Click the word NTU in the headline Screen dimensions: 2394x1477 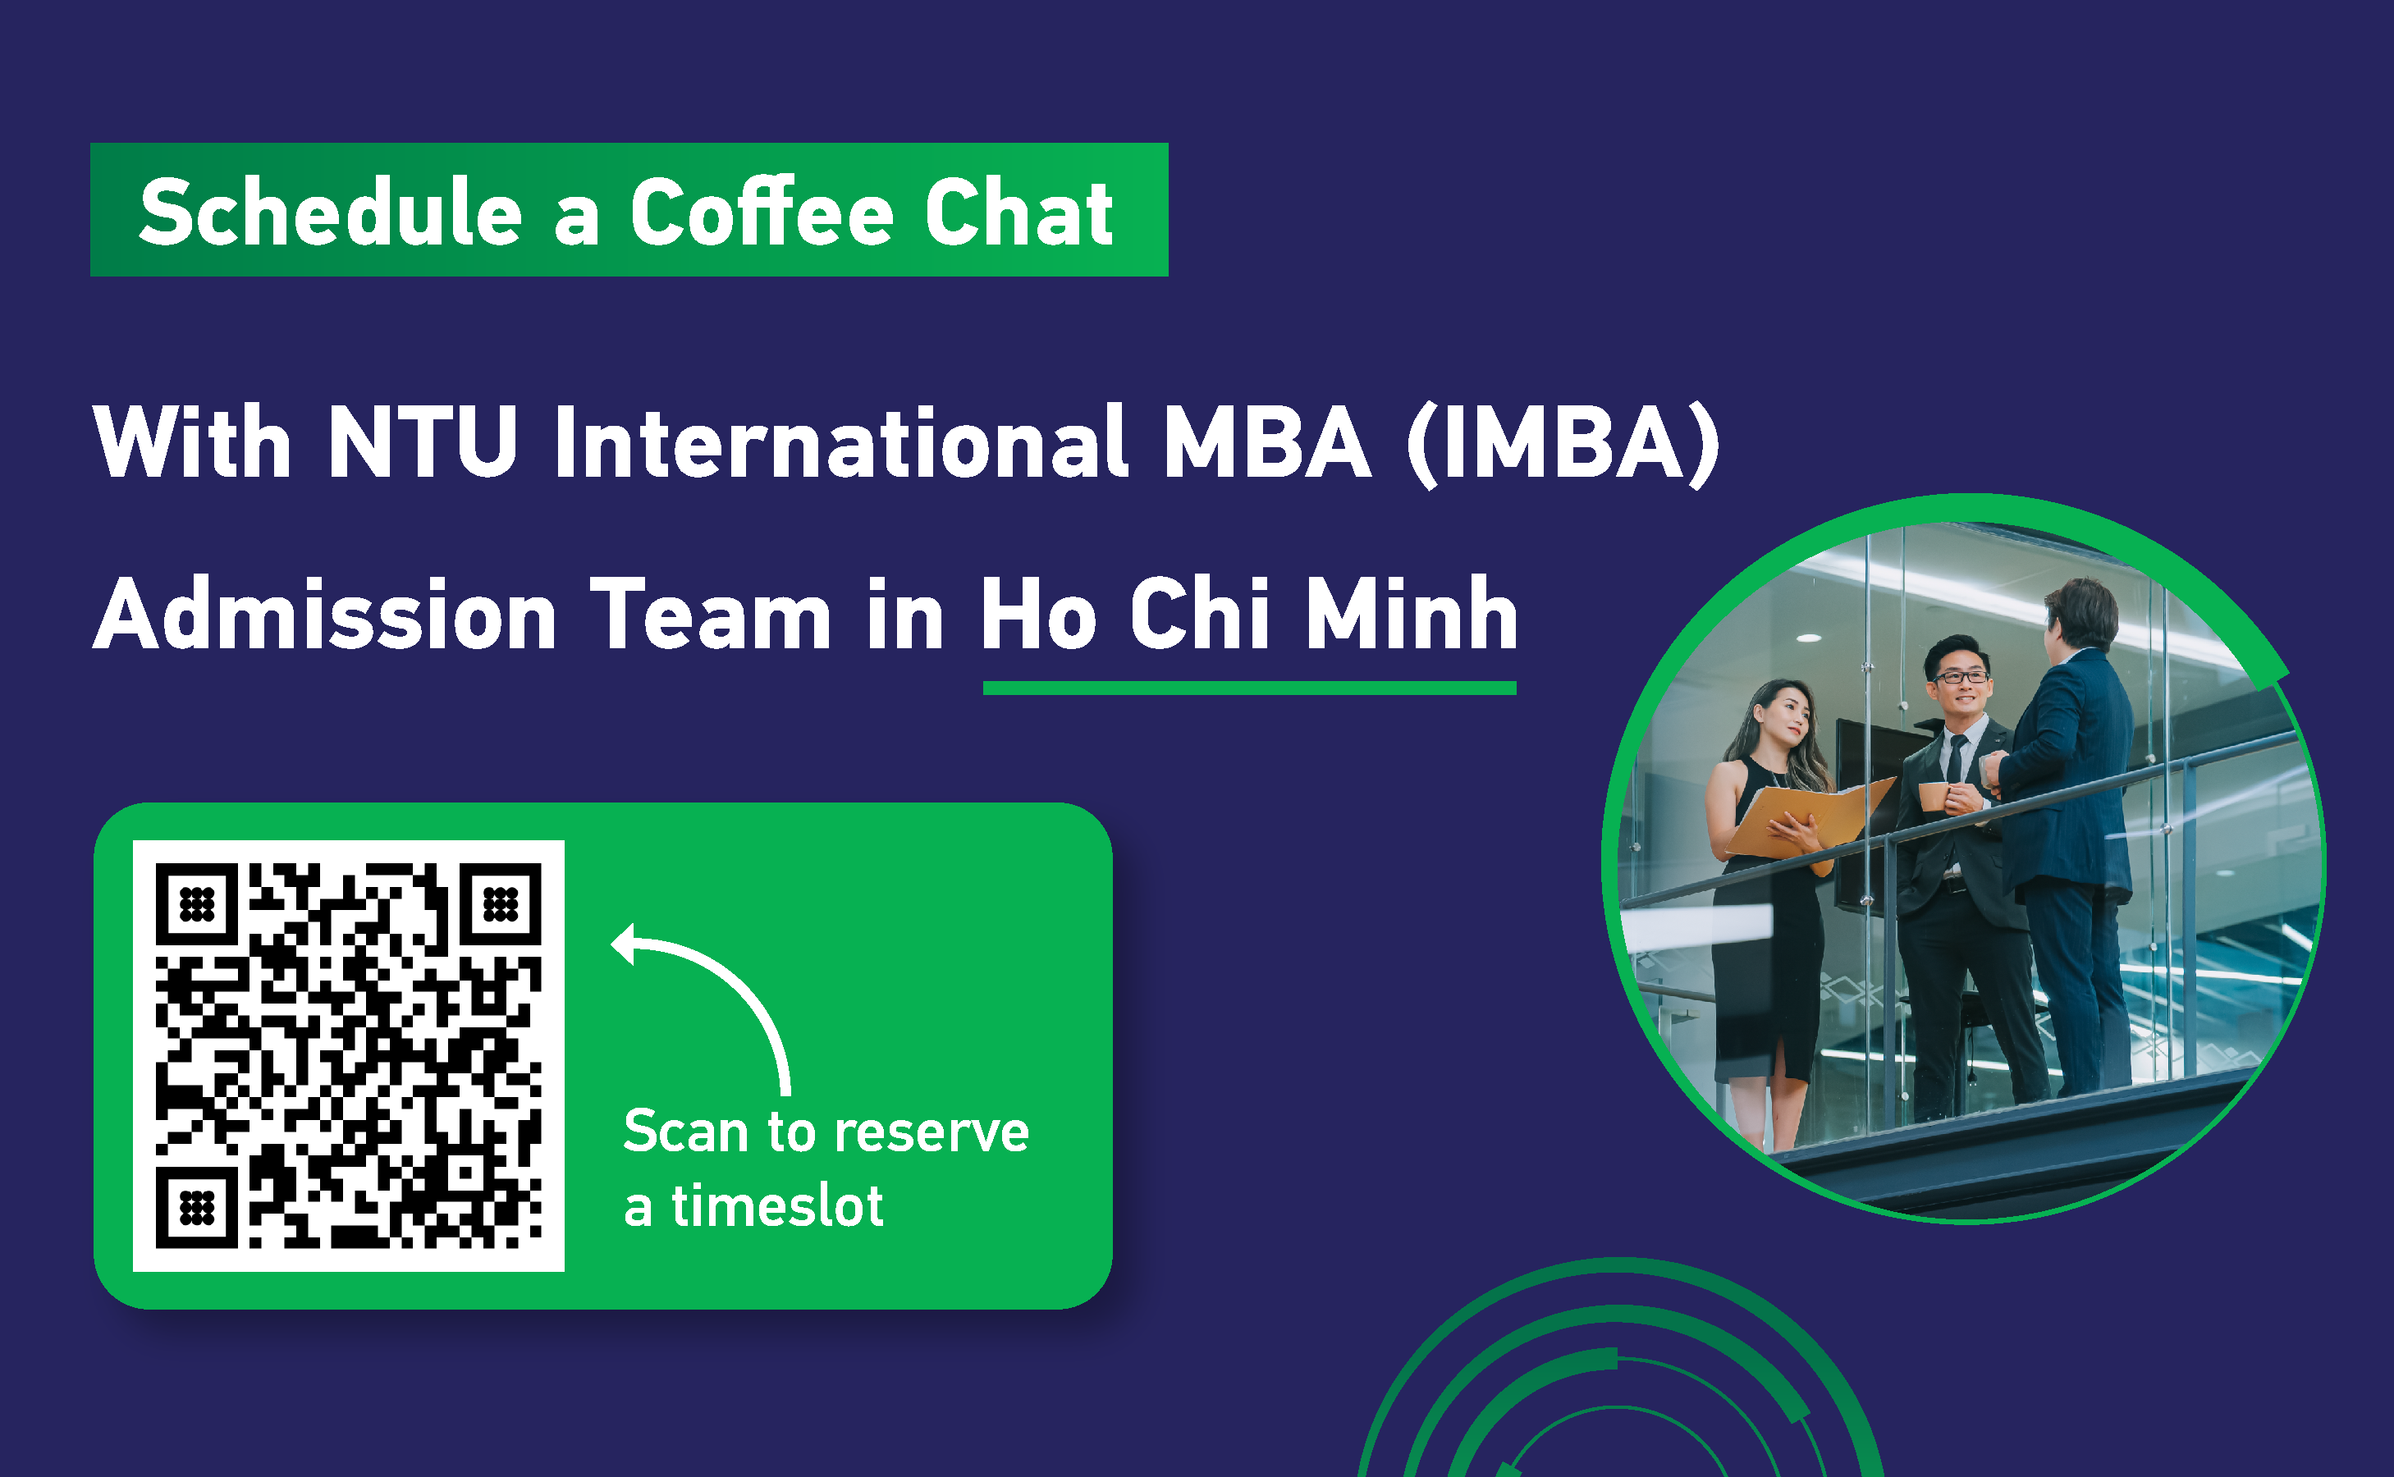pyautogui.click(x=422, y=441)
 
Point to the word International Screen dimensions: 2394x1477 pyautogui.click(x=841, y=441)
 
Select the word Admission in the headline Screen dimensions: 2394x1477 pyautogui.click(x=325, y=614)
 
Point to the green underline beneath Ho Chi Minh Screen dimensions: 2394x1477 pyautogui.click(x=1249, y=688)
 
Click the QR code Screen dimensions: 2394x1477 pyautogui.click(x=349, y=1056)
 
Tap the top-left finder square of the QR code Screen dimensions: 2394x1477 pyautogui.click(x=197, y=904)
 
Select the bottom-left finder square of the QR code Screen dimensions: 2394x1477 pyautogui.click(x=197, y=1207)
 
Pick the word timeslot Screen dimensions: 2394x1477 pyautogui.click(x=777, y=1205)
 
